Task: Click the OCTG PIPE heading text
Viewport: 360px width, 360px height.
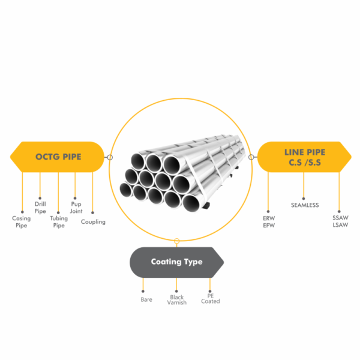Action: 59,157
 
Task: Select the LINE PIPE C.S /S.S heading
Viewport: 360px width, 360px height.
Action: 305,157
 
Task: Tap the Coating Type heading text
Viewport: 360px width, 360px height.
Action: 176,262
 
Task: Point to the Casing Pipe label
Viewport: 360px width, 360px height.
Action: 22,222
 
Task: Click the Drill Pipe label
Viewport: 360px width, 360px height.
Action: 40,208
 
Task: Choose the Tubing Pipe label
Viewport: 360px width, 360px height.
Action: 58,222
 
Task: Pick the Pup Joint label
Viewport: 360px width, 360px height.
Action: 76,208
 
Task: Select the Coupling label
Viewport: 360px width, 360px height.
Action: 93,222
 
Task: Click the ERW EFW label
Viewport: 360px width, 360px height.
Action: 268,222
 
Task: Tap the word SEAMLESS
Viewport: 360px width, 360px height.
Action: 304,205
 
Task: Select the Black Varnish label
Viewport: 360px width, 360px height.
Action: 177,300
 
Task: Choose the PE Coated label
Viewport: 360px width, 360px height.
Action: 211,299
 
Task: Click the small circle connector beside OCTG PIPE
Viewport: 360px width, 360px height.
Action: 110,158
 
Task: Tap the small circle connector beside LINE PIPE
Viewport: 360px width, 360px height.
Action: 251,158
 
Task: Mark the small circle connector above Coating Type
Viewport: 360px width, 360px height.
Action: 177,241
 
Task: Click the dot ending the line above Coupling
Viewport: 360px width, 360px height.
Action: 93,211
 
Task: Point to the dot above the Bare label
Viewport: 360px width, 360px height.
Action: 143,290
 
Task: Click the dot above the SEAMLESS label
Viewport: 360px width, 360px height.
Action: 304,193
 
